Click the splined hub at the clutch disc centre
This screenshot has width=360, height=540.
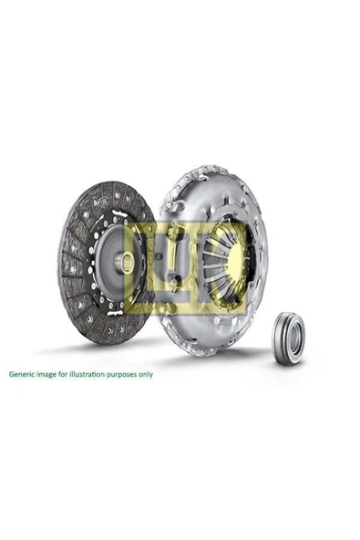pos(128,262)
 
